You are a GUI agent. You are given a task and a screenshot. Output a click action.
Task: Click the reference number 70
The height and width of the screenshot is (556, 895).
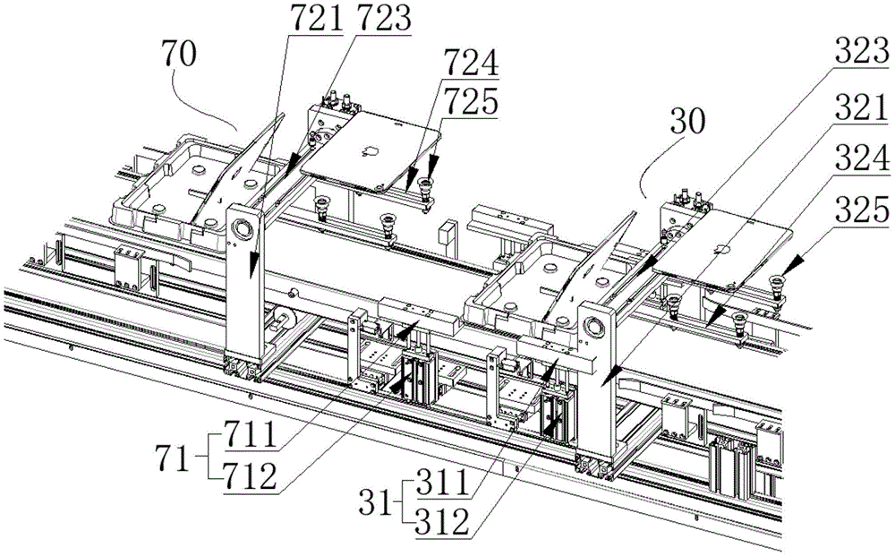click(x=179, y=55)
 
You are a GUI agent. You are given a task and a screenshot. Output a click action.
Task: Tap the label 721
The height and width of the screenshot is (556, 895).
click(x=317, y=18)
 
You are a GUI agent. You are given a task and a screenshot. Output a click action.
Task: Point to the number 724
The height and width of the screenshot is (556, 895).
click(x=472, y=63)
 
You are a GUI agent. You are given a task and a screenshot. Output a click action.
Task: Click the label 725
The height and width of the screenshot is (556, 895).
click(x=472, y=102)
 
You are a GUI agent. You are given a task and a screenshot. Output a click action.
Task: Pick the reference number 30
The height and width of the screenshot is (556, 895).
click(x=687, y=121)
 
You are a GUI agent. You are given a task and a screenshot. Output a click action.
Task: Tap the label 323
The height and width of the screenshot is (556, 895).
click(x=862, y=51)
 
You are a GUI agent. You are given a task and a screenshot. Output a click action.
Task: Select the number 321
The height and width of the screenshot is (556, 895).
click(x=862, y=105)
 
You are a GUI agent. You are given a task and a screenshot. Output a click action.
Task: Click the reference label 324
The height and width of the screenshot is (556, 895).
click(x=862, y=157)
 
